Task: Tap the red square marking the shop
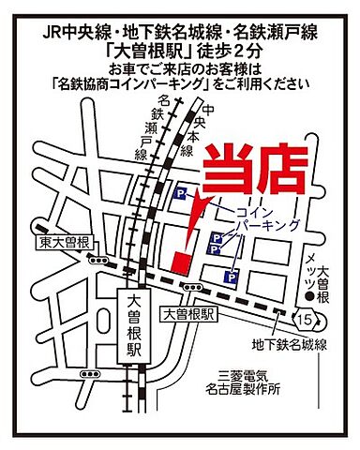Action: (181, 259)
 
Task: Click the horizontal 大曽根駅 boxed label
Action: (188, 315)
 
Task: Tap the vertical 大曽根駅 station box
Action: (132, 331)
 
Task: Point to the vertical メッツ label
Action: (308, 276)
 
